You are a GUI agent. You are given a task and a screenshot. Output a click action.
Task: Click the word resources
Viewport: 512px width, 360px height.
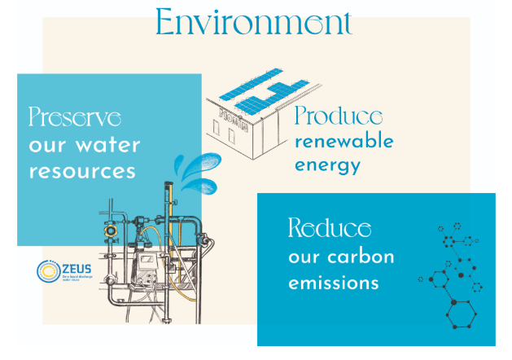pyautogui.click(x=81, y=172)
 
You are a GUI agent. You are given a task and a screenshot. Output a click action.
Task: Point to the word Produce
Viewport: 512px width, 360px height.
pyautogui.click(x=339, y=116)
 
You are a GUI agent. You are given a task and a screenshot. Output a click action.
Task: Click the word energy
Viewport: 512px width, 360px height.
pyautogui.click(x=326, y=167)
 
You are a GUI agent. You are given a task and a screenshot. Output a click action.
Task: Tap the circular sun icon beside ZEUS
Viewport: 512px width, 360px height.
pyautogui.click(x=46, y=270)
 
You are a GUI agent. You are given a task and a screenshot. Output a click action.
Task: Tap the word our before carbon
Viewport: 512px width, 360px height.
pyautogui.click(x=304, y=257)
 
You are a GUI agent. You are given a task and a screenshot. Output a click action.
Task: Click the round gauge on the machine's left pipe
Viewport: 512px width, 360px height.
pyautogui.click(x=107, y=230)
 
